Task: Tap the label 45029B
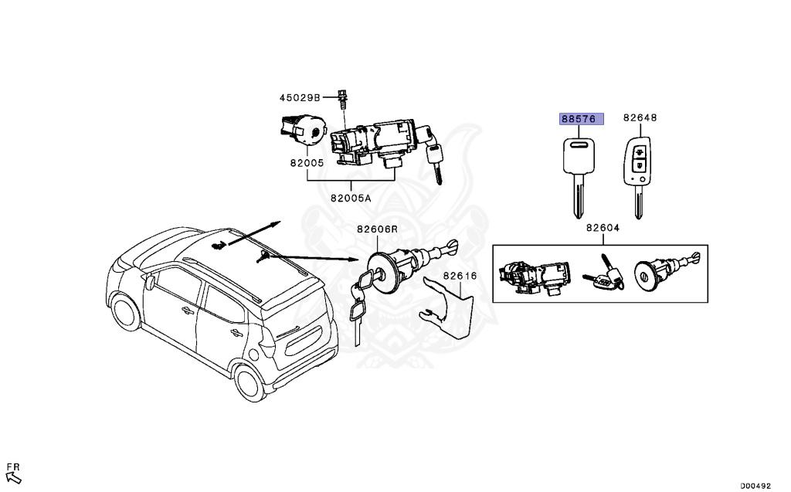pyautogui.click(x=299, y=98)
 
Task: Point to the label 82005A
pyautogui.click(x=351, y=198)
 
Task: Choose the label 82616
pyautogui.click(x=460, y=276)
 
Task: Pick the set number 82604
pyautogui.click(x=605, y=228)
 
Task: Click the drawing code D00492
pyautogui.click(x=755, y=486)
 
